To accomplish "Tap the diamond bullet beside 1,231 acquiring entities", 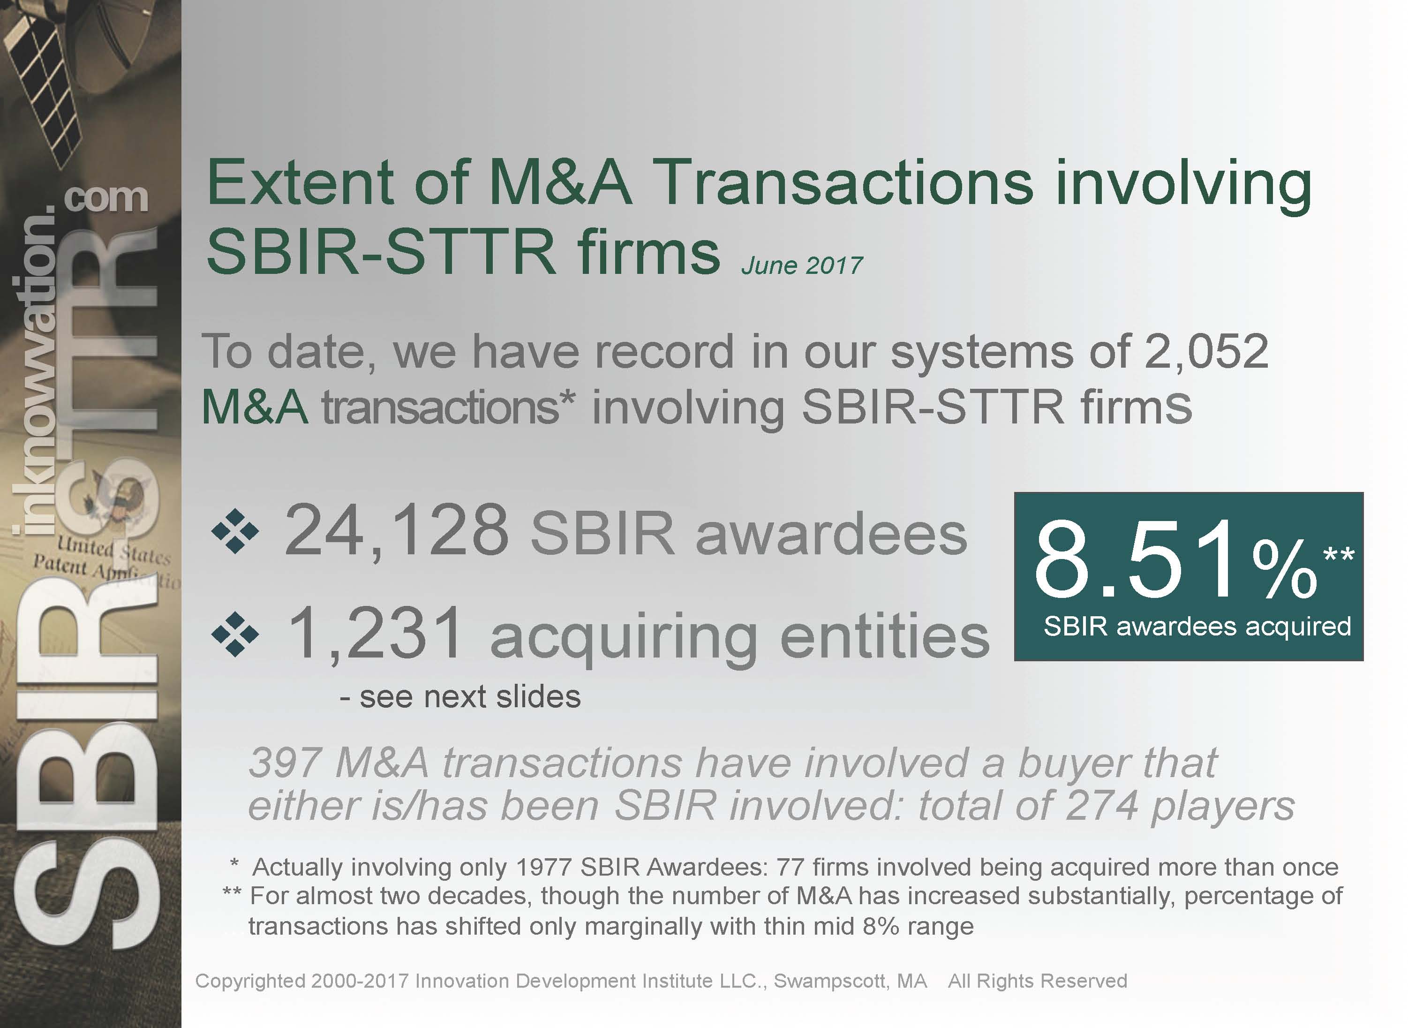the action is tap(235, 634).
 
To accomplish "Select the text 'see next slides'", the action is tap(470, 696).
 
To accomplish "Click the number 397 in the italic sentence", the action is tap(286, 763).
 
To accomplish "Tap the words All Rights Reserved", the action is tap(1037, 981).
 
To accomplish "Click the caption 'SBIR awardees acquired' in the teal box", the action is tap(1197, 626).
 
